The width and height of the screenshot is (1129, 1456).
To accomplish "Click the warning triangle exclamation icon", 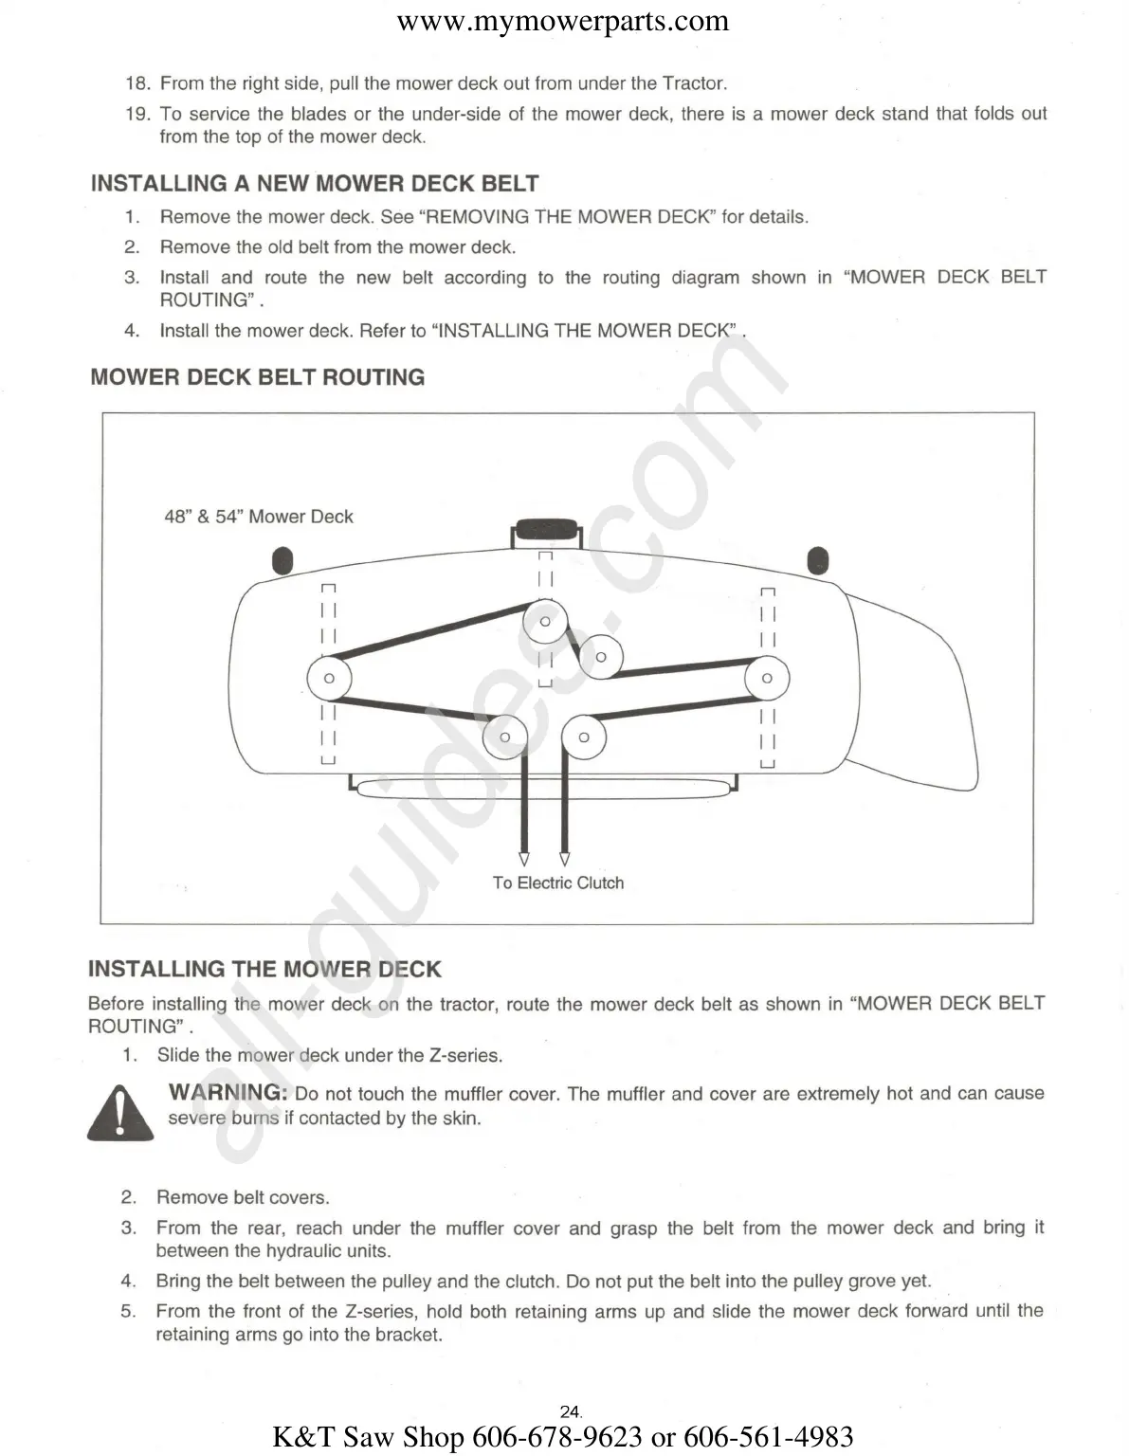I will pyautogui.click(x=119, y=1114).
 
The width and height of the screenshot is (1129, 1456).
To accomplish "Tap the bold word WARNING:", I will pyautogui.click(x=228, y=1093).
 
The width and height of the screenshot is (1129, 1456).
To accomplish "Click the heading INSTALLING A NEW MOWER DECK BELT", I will pyautogui.click(x=315, y=184).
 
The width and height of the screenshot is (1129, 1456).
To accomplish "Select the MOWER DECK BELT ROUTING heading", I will pyautogui.click(x=258, y=377).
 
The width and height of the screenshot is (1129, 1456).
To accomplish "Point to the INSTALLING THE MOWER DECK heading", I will pyautogui.click(x=264, y=970).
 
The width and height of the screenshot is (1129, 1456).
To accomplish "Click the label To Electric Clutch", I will pyautogui.click(x=557, y=883).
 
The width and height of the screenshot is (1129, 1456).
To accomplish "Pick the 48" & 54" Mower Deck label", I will pyautogui.click(x=258, y=517).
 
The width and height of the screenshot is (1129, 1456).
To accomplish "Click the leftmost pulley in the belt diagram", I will pyautogui.click(x=329, y=678).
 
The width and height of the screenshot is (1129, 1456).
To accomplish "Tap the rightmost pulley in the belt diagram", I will pyautogui.click(x=767, y=678).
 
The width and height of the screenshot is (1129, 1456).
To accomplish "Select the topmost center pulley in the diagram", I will pyautogui.click(x=545, y=622).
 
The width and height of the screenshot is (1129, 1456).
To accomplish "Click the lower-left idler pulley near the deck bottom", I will pyautogui.click(x=504, y=737).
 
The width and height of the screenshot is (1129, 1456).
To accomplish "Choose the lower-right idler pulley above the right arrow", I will pyautogui.click(x=583, y=737).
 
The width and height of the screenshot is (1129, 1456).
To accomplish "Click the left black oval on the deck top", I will pyautogui.click(x=282, y=561).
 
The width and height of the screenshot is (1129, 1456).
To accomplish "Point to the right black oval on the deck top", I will pyautogui.click(x=817, y=561).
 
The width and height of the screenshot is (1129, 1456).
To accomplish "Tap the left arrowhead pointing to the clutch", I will pyautogui.click(x=524, y=859).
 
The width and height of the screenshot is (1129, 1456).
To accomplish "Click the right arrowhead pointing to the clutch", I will pyautogui.click(x=565, y=859).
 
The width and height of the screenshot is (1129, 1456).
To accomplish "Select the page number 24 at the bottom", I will pyautogui.click(x=570, y=1411).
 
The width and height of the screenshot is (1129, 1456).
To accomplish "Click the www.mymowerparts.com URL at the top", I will pyautogui.click(x=563, y=21).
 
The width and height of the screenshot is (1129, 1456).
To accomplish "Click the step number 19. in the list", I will pyautogui.click(x=137, y=114).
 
